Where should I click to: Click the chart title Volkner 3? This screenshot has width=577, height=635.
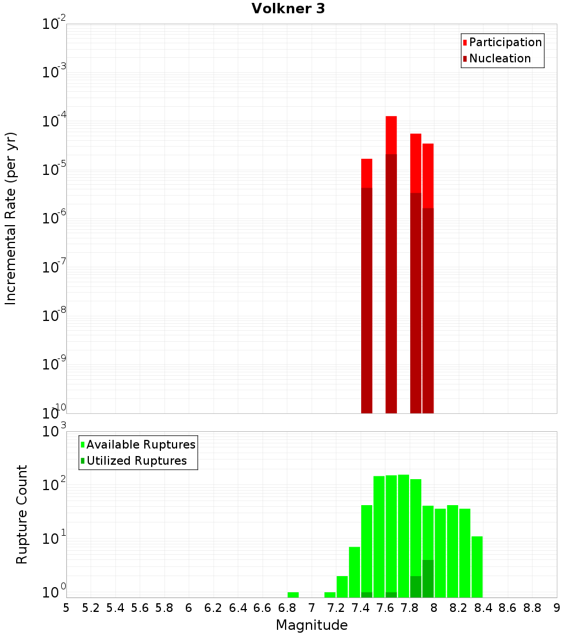[288, 9]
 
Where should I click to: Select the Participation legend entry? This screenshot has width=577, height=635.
[505, 42]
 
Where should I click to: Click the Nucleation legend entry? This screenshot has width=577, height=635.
[499, 58]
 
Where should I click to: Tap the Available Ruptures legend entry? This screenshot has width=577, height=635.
[140, 444]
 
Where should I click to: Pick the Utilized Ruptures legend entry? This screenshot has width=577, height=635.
[136, 461]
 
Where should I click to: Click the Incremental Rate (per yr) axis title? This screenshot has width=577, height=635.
[11, 219]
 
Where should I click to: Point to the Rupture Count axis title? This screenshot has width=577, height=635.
[22, 514]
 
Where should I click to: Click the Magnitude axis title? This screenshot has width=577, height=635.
[312, 625]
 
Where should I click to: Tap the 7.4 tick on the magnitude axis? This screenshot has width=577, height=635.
[361, 608]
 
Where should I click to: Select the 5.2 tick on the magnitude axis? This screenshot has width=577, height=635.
[91, 608]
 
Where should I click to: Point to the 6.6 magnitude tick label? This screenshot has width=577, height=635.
[263, 608]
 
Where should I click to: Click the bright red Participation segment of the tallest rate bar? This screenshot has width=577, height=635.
[391, 135]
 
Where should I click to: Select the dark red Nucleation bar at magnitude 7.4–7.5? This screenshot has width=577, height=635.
[366, 300]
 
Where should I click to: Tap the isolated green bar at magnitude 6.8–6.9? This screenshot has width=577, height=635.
[293, 595]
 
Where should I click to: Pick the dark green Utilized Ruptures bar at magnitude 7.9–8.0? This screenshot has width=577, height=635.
[428, 578]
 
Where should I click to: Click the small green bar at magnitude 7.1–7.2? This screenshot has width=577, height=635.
[330, 595]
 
